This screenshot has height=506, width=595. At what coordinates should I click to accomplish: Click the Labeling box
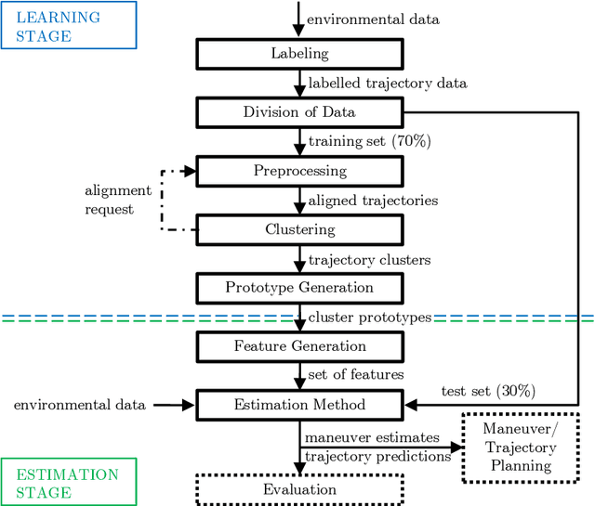[299, 54]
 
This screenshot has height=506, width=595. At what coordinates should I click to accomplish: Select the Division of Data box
[299, 112]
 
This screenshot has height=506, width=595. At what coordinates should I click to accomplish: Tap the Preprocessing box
[299, 171]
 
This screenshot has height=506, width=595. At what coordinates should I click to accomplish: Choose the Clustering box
[299, 229]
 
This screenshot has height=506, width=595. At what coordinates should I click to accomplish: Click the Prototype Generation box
[299, 288]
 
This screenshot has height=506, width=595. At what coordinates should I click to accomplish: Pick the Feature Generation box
[299, 346]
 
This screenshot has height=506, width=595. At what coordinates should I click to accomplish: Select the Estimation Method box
[299, 405]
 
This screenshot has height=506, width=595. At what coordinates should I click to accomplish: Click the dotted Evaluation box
[299, 489]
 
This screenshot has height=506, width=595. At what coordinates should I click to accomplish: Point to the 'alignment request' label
[117, 200]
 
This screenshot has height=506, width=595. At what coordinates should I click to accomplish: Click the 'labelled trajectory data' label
[388, 84]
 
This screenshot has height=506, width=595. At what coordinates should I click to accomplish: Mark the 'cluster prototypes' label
[370, 318]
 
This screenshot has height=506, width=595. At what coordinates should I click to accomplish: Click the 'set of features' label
[356, 375]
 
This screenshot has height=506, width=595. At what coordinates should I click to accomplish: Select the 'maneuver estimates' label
[370, 437]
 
